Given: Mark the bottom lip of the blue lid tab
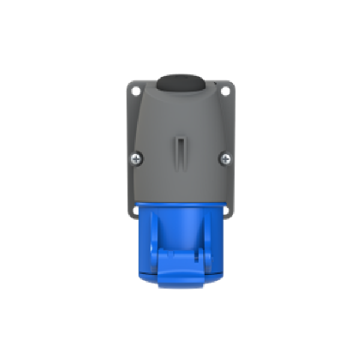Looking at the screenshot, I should [180, 283].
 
